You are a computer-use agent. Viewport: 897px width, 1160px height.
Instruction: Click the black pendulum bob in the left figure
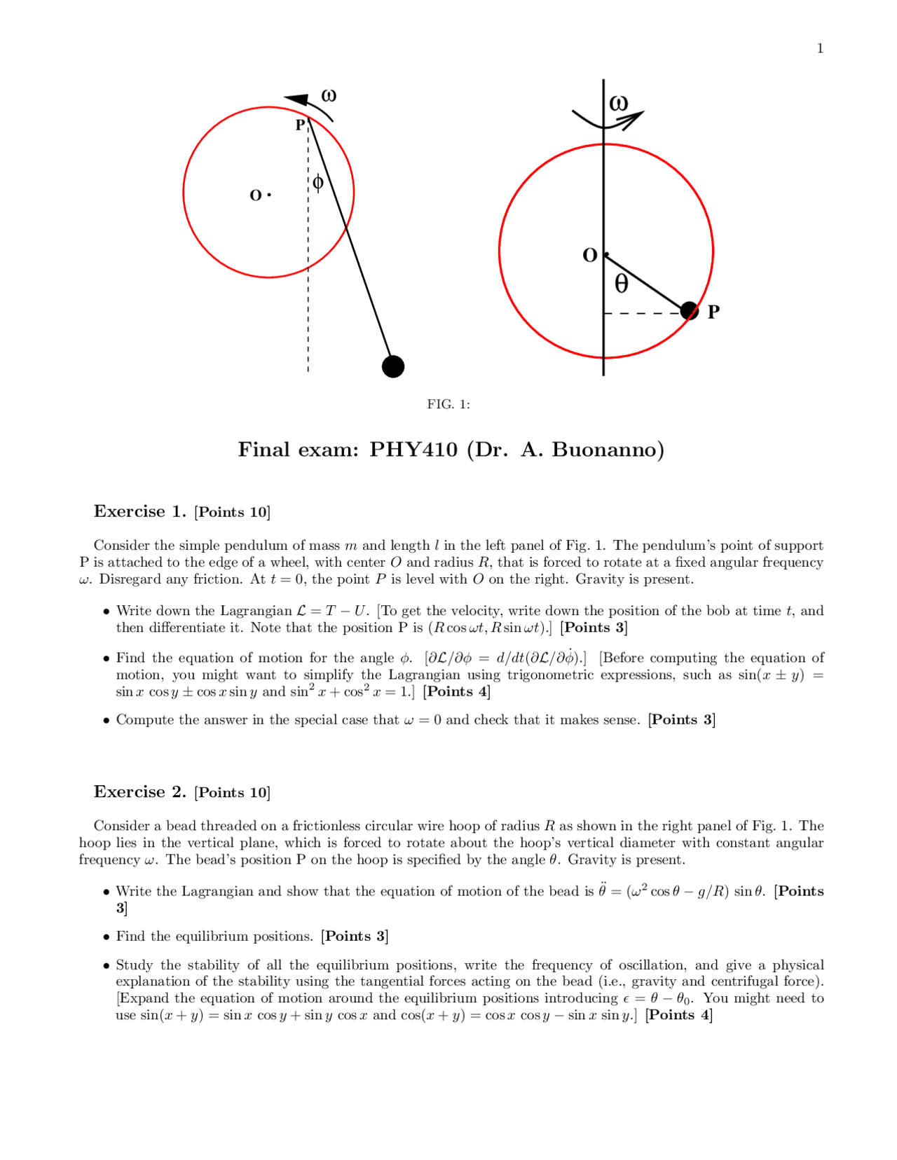(x=393, y=366)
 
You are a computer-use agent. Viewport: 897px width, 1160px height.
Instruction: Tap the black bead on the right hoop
(x=690, y=310)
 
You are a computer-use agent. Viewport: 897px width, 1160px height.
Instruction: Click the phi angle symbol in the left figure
(x=317, y=183)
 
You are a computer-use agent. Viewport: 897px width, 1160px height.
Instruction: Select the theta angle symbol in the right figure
(x=621, y=283)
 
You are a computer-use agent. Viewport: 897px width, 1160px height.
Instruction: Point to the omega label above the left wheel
(x=329, y=95)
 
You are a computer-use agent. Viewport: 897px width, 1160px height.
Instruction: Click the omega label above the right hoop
(x=618, y=103)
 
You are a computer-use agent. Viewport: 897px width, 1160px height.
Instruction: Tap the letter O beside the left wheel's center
(x=256, y=195)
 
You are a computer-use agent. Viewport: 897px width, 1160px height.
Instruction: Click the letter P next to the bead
(x=713, y=312)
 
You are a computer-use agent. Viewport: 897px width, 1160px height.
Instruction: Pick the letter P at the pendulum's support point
(x=300, y=125)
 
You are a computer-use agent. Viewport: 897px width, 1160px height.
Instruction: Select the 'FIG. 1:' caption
(x=448, y=404)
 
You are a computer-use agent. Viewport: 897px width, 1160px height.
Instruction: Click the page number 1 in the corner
(x=820, y=48)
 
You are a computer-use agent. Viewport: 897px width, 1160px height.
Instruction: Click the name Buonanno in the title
(x=608, y=449)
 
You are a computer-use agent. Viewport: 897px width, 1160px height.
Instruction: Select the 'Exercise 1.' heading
(x=140, y=511)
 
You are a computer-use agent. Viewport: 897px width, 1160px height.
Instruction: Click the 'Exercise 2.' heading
(x=140, y=792)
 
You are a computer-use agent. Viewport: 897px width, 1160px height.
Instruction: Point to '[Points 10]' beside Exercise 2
(x=232, y=792)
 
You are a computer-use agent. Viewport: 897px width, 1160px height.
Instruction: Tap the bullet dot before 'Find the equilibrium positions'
(x=107, y=937)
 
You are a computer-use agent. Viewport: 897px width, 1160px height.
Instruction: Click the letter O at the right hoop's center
(x=590, y=255)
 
